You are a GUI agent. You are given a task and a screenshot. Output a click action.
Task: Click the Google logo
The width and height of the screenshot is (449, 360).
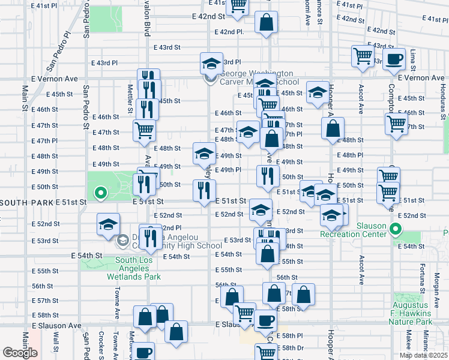(x=20, y=352)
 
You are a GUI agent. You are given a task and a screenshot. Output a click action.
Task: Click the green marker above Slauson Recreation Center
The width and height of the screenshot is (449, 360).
(x=395, y=229)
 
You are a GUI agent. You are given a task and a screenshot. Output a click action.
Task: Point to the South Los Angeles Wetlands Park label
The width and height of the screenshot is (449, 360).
(x=134, y=268)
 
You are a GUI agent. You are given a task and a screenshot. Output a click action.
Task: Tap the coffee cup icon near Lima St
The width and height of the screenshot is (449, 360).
(x=394, y=58)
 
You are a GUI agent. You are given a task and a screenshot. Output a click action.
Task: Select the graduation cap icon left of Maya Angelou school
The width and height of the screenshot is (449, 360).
(x=108, y=224)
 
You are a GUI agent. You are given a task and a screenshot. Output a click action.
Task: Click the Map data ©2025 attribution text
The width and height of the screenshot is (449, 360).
(x=423, y=355)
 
